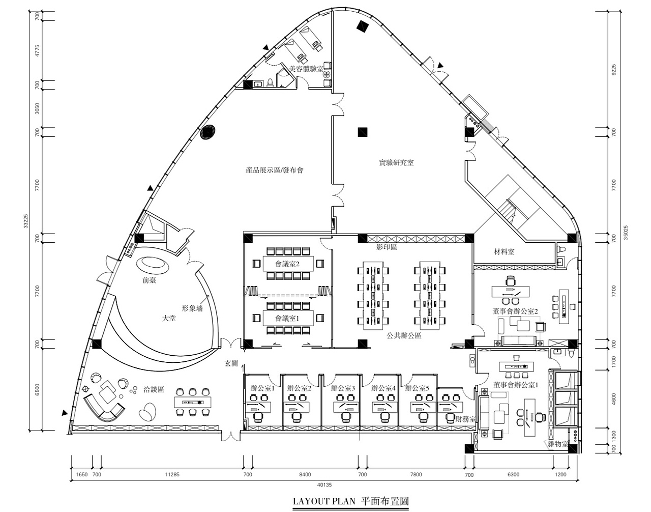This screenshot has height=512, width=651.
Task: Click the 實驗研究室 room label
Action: (x=396, y=163)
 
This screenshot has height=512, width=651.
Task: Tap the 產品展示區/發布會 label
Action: (x=275, y=170)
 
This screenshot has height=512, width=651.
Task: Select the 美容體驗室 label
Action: (x=306, y=69)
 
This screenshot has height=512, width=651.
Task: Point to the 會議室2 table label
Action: (x=287, y=264)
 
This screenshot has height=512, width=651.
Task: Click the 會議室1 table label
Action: (x=287, y=319)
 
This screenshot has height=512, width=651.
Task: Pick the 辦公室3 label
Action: (x=343, y=388)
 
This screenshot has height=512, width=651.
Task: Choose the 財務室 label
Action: (x=465, y=419)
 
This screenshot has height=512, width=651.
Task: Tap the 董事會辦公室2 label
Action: (x=515, y=311)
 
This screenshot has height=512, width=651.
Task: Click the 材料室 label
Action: (x=504, y=252)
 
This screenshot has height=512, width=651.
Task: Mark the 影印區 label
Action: (x=387, y=247)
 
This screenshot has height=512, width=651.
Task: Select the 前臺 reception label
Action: (x=149, y=280)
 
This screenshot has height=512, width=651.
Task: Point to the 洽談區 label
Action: (x=154, y=390)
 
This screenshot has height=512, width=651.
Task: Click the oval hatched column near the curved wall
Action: (x=208, y=132)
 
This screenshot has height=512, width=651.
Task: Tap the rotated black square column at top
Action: (x=363, y=26)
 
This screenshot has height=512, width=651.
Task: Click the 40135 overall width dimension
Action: (x=324, y=485)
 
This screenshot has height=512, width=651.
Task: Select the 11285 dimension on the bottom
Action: (x=172, y=474)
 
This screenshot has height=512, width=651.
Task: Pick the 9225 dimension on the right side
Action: (x=614, y=70)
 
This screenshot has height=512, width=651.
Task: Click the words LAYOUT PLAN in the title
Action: (x=324, y=501)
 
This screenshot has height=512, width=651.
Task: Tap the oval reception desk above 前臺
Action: (x=153, y=265)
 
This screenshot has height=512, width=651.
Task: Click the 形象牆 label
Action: (x=192, y=308)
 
